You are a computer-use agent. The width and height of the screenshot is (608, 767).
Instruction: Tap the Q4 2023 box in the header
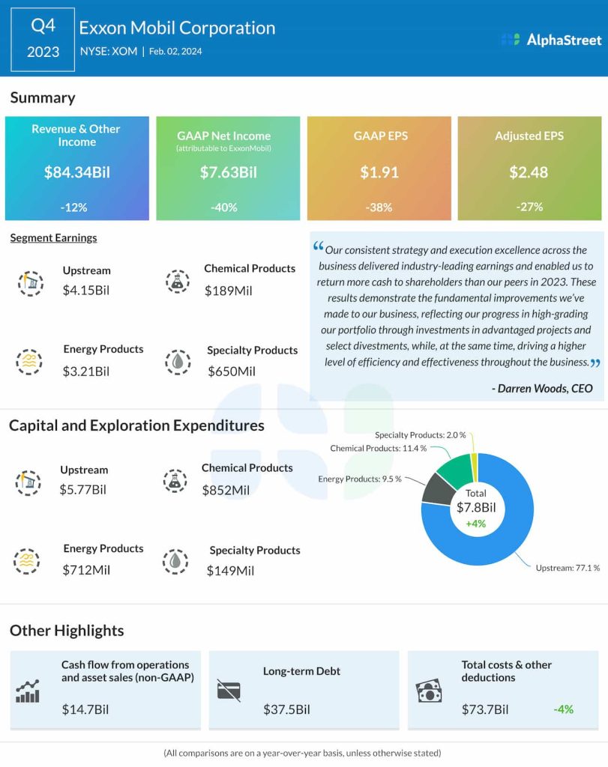coord(43,40)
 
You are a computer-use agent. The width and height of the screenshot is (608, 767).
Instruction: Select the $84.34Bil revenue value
coord(77,172)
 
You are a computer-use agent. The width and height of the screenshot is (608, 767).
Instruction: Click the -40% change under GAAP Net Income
coord(228,207)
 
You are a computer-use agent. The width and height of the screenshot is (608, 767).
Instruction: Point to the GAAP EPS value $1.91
coord(379,172)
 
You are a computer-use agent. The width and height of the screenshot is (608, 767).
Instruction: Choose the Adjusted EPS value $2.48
coord(529,172)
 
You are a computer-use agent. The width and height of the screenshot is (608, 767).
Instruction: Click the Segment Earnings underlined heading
coord(53,238)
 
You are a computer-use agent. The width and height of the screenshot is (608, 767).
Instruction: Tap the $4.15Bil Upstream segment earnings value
coord(86,289)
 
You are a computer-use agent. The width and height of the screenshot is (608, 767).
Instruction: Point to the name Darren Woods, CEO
coord(542,388)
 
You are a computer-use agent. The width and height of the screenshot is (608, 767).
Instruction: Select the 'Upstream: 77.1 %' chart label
coord(568,568)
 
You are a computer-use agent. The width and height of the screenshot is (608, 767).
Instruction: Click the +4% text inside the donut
coord(476,524)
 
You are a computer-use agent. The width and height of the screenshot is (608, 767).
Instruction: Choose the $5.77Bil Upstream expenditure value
coord(83,490)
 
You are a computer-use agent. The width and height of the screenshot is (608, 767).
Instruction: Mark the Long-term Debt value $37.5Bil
coord(286,709)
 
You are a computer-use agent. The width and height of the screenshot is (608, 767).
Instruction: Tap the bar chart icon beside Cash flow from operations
coord(28,692)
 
